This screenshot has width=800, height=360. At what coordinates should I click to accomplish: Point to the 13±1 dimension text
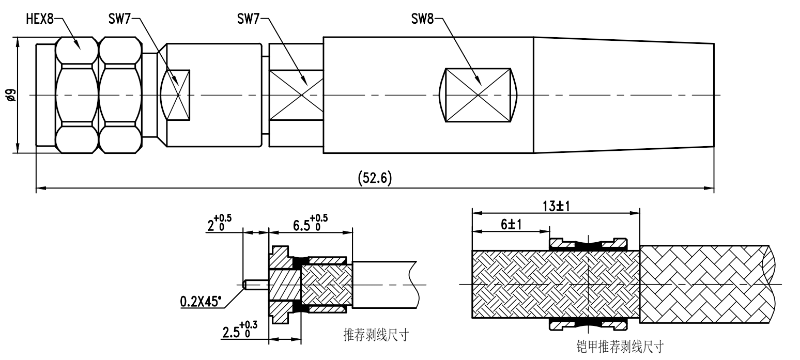(556, 206)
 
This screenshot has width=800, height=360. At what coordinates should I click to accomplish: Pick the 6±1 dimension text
(510, 225)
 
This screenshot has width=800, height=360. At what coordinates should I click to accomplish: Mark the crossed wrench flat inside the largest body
(478, 95)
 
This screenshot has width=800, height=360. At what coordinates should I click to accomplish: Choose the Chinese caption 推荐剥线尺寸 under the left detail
(376, 335)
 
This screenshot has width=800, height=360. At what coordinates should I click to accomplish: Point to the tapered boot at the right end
(623, 95)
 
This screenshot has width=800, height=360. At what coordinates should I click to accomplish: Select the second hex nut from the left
(120, 95)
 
